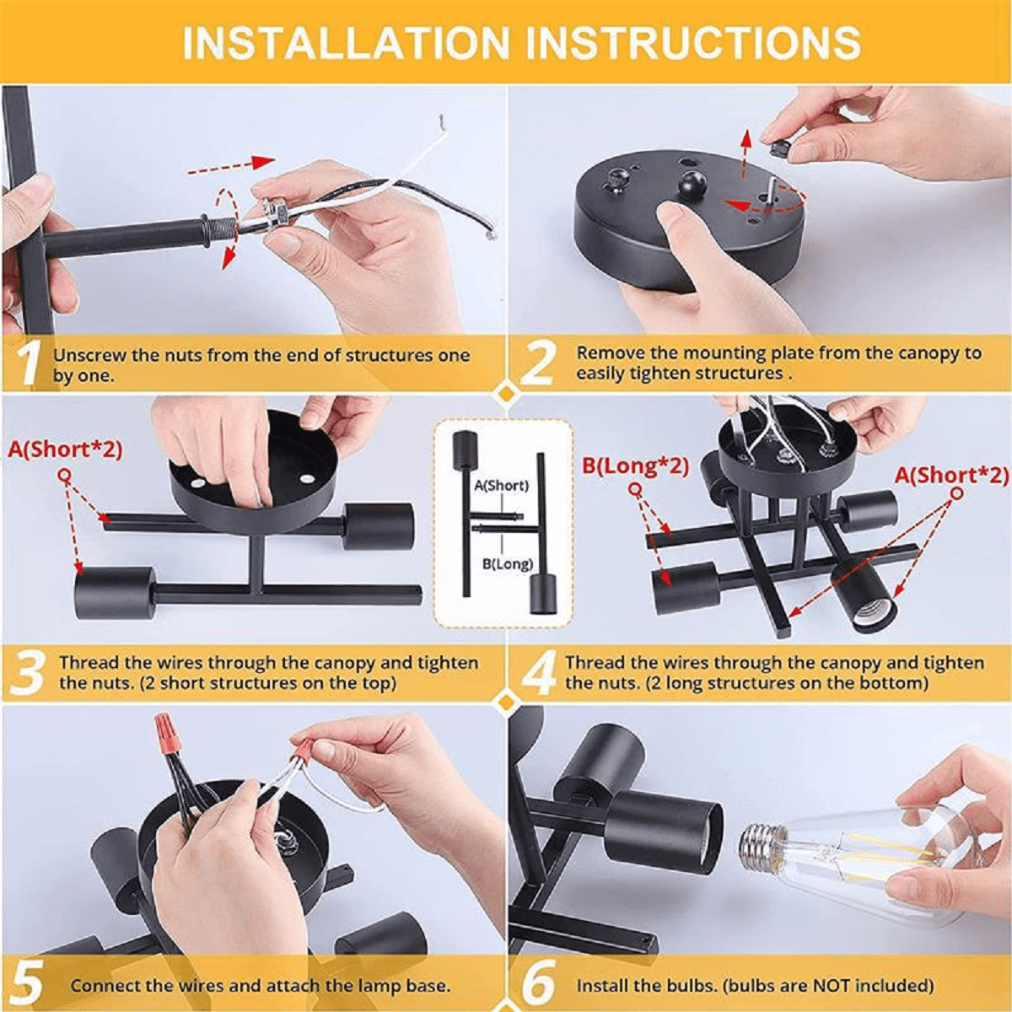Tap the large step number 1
pyautogui.click(x=26, y=363)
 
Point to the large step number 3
pyautogui.click(x=26, y=672)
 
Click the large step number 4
pyautogui.click(x=539, y=673)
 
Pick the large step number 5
pyautogui.click(x=25, y=982)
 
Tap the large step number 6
pyautogui.click(x=539, y=982)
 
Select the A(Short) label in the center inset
pyautogui.click(x=502, y=485)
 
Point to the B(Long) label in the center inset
pyautogui.click(x=508, y=564)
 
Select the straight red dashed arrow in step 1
pyautogui.click(x=231, y=165)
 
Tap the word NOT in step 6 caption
pyautogui.click(x=829, y=986)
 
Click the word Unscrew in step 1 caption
pyautogui.click(x=89, y=356)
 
